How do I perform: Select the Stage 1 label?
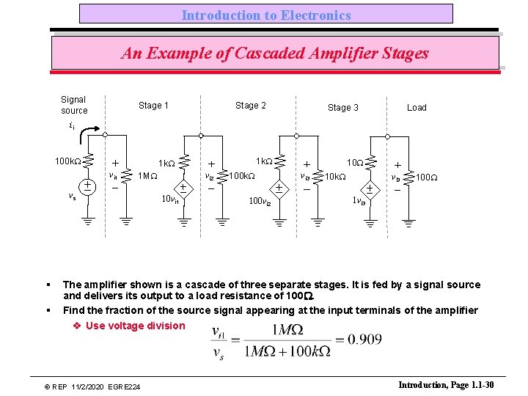pyautogui.click(x=153, y=106)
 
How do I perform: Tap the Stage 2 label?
pyautogui.click(x=251, y=106)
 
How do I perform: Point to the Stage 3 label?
pyautogui.click(x=343, y=108)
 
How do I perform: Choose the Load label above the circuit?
pyautogui.click(x=417, y=108)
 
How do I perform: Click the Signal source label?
pyautogui.click(x=73, y=105)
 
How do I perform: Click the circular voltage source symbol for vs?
pyautogui.click(x=87, y=186)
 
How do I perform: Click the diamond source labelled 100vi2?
pyautogui.click(x=278, y=188)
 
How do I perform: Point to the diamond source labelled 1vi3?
pyautogui.click(x=370, y=188)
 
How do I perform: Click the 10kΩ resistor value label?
pyautogui.click(x=337, y=177)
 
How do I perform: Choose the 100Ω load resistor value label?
pyautogui.click(x=427, y=177)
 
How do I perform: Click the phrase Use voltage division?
pyautogui.click(x=135, y=326)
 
